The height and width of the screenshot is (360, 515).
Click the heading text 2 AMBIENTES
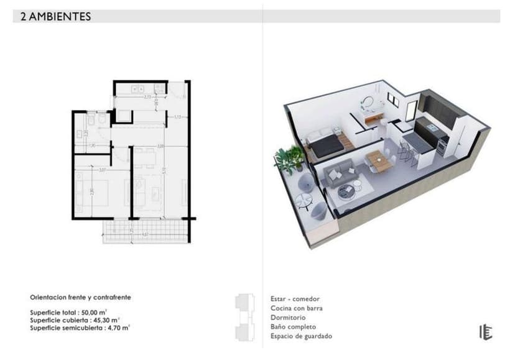pyautogui.click(x=56, y=17)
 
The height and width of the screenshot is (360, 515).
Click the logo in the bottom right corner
pyautogui.click(x=485, y=332)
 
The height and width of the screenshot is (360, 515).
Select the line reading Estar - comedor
pyautogui.click(x=295, y=299)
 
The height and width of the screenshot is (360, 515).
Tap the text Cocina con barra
pyautogui.click(x=297, y=308)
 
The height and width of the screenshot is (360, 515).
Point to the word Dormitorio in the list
pyautogui.click(x=287, y=318)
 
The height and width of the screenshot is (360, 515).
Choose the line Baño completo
pyautogui.click(x=293, y=327)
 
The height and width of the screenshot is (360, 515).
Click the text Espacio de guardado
pyautogui.click(x=301, y=336)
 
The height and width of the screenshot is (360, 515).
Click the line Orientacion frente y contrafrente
pyautogui.click(x=80, y=298)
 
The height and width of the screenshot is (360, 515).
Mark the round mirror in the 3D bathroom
pyautogui.click(x=368, y=101)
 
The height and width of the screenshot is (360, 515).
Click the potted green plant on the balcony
pyautogui.click(x=289, y=159)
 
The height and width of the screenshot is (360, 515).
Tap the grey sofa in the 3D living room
pyautogui.click(x=340, y=173)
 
